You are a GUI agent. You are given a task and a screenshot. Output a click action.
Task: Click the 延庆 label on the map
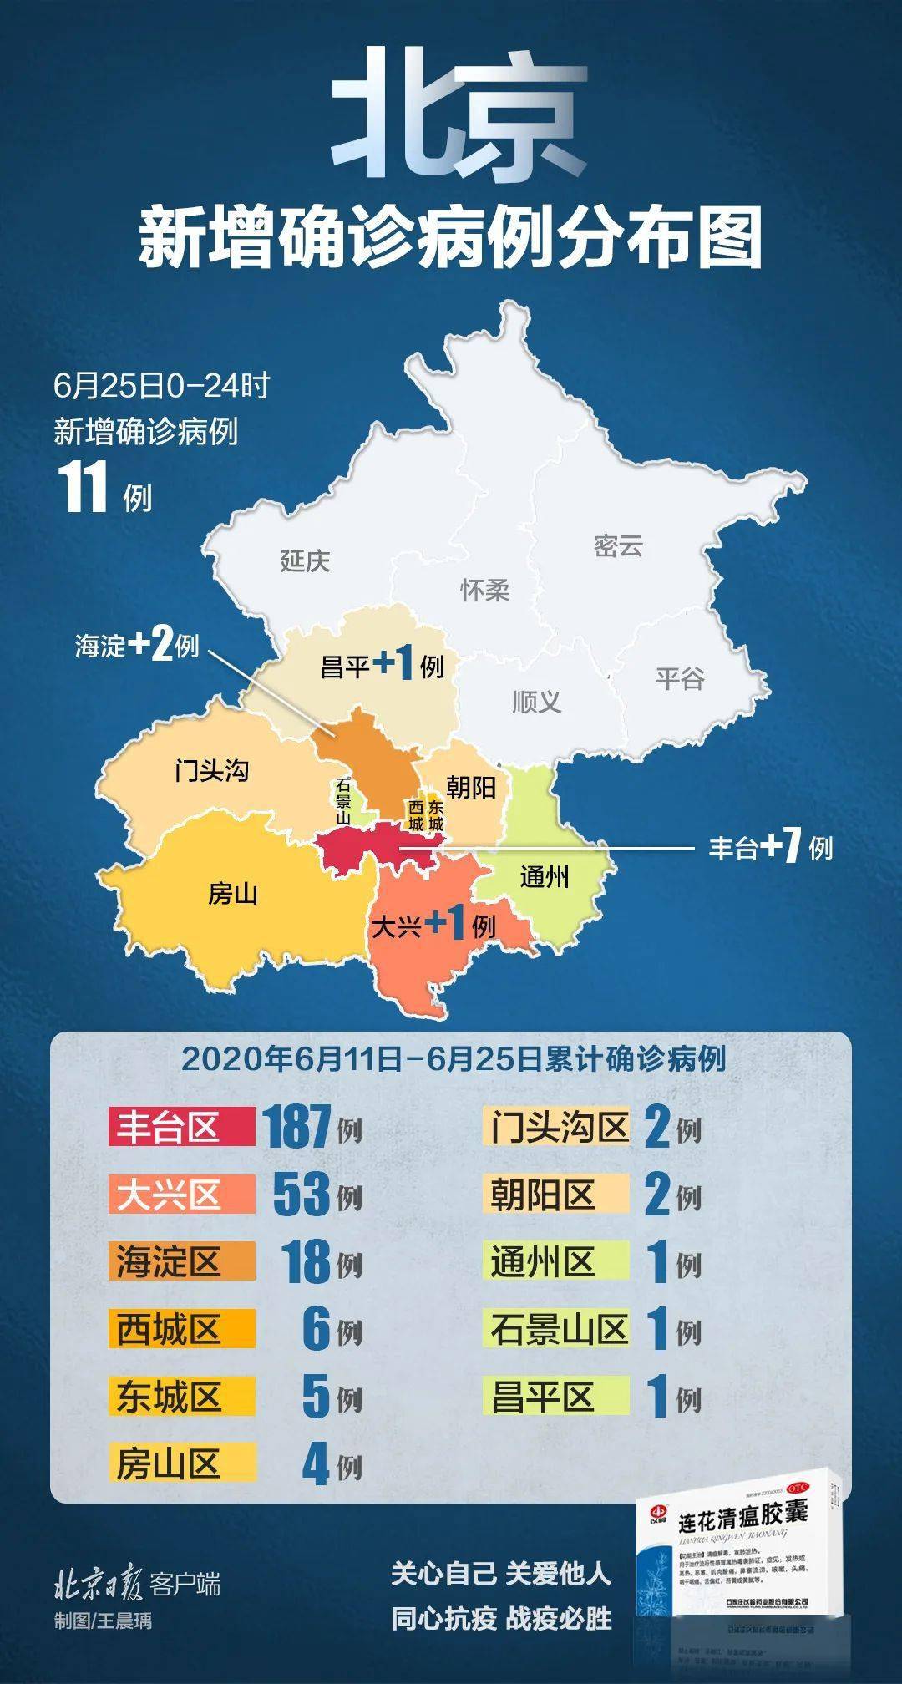[305, 560]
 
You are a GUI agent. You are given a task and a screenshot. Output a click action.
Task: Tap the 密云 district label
[618, 546]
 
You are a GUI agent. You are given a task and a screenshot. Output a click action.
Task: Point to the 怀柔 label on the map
[484, 591]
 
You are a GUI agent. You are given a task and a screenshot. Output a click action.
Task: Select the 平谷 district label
[679, 678]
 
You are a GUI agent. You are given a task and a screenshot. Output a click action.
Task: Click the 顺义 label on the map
[536, 702]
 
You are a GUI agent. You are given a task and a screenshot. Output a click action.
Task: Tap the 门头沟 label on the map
[211, 770]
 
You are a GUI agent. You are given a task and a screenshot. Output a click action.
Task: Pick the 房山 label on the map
[232, 894]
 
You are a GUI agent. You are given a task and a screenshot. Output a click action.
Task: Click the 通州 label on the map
[544, 877]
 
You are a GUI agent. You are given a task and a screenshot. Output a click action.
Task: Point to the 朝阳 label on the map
[471, 787]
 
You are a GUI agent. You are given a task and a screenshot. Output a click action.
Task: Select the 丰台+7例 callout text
[770, 848]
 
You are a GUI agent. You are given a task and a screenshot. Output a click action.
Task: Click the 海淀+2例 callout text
[137, 646]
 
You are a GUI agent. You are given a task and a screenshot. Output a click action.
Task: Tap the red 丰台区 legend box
[181, 1127]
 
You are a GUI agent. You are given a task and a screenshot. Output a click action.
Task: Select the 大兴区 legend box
[181, 1195]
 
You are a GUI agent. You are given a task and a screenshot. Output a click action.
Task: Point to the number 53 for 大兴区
[302, 1195]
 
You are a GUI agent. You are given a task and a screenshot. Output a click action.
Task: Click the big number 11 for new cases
[83, 488]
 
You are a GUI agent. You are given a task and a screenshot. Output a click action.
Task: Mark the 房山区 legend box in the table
[181, 1464]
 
